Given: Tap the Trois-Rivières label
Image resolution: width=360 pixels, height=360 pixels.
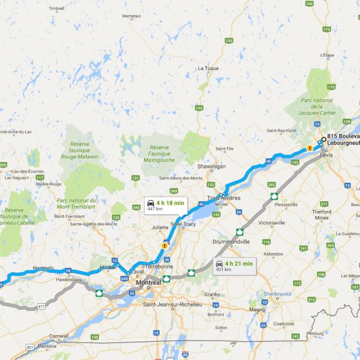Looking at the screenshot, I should pyautogui.click(x=224, y=198).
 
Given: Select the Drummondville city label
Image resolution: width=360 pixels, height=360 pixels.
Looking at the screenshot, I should pyautogui.click(x=231, y=241).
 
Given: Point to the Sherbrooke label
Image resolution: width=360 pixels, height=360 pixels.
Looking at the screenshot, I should pyautogui.click(x=278, y=294).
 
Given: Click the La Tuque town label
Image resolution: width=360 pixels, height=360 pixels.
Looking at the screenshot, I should pyautogui.click(x=208, y=68).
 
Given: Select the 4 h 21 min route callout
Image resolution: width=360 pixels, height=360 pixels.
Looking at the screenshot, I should pyautogui.click(x=235, y=265).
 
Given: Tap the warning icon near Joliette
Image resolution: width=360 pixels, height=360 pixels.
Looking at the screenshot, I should pyautogui.click(x=164, y=245).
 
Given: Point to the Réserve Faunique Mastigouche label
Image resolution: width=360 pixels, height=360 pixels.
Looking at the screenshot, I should pyautogui.click(x=164, y=153).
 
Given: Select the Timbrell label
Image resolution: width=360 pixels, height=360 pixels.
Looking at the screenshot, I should pyautogui.click(x=57, y=8).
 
